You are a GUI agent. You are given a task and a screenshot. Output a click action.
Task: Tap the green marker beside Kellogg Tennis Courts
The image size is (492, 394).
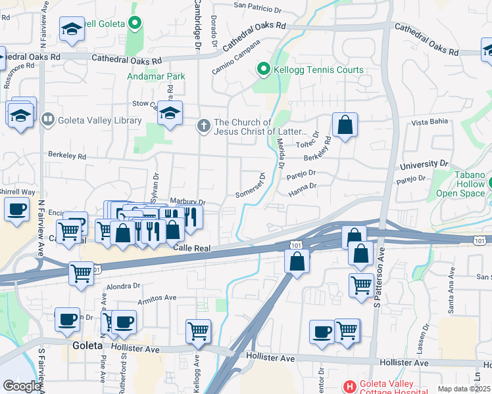pyautogui.click(x=263, y=69)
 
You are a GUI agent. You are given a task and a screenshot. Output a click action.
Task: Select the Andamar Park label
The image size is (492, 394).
pyautogui.click(x=156, y=76)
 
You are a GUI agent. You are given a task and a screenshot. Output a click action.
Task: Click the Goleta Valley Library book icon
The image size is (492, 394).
pyautogui.click(x=47, y=120)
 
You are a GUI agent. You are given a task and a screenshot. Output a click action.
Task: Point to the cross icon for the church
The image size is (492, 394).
pyautogui.click(x=204, y=125)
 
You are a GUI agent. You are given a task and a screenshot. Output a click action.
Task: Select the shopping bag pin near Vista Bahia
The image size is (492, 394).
pyautogui.click(x=344, y=125)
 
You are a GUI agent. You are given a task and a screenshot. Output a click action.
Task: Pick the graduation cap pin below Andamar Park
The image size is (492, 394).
pyautogui.click(x=170, y=113)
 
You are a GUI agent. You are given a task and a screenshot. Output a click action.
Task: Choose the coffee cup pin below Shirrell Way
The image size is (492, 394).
pyautogui.click(x=16, y=210)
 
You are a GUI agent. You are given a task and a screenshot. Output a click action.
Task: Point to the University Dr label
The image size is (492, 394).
pyautogui.click(x=427, y=164)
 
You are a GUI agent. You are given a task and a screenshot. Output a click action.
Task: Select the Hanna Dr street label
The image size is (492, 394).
pyautogui.click(x=303, y=186)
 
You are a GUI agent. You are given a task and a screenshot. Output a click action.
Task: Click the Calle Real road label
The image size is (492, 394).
pyautogui.click(x=186, y=248)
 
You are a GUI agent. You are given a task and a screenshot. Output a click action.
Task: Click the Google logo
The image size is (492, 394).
pyautogui.click(x=22, y=386)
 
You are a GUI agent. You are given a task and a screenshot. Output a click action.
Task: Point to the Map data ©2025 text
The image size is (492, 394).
pyautogui.click(x=463, y=389)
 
